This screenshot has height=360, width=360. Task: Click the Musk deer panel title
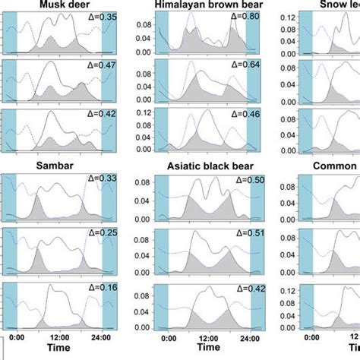point(59,5)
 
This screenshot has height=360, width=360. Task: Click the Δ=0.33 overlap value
point(94,179)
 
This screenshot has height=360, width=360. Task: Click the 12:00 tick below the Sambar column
point(59,336)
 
